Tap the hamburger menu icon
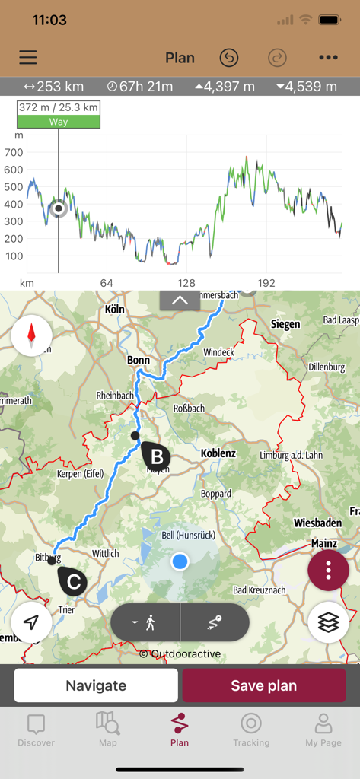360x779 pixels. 28,58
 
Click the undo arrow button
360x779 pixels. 228,58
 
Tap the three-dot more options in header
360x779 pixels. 328,58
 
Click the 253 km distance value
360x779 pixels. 54,87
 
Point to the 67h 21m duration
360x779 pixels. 140,87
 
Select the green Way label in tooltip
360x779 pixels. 59,122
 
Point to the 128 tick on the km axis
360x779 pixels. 186,283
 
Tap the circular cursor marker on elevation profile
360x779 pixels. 59,208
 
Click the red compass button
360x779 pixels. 32,335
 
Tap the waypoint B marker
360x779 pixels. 156,456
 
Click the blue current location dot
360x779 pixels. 180,561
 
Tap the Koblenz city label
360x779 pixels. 218,453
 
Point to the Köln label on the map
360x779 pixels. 114,310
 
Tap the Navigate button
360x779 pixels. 96,685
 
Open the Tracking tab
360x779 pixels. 251,730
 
